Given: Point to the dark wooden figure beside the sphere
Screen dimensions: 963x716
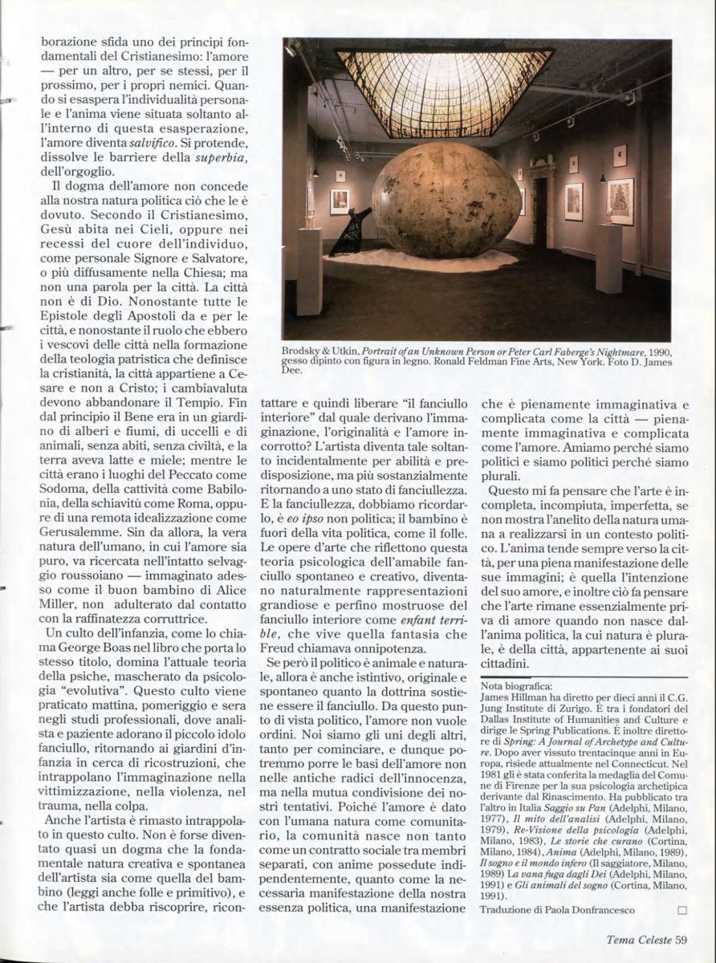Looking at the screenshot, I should coord(353,232).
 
